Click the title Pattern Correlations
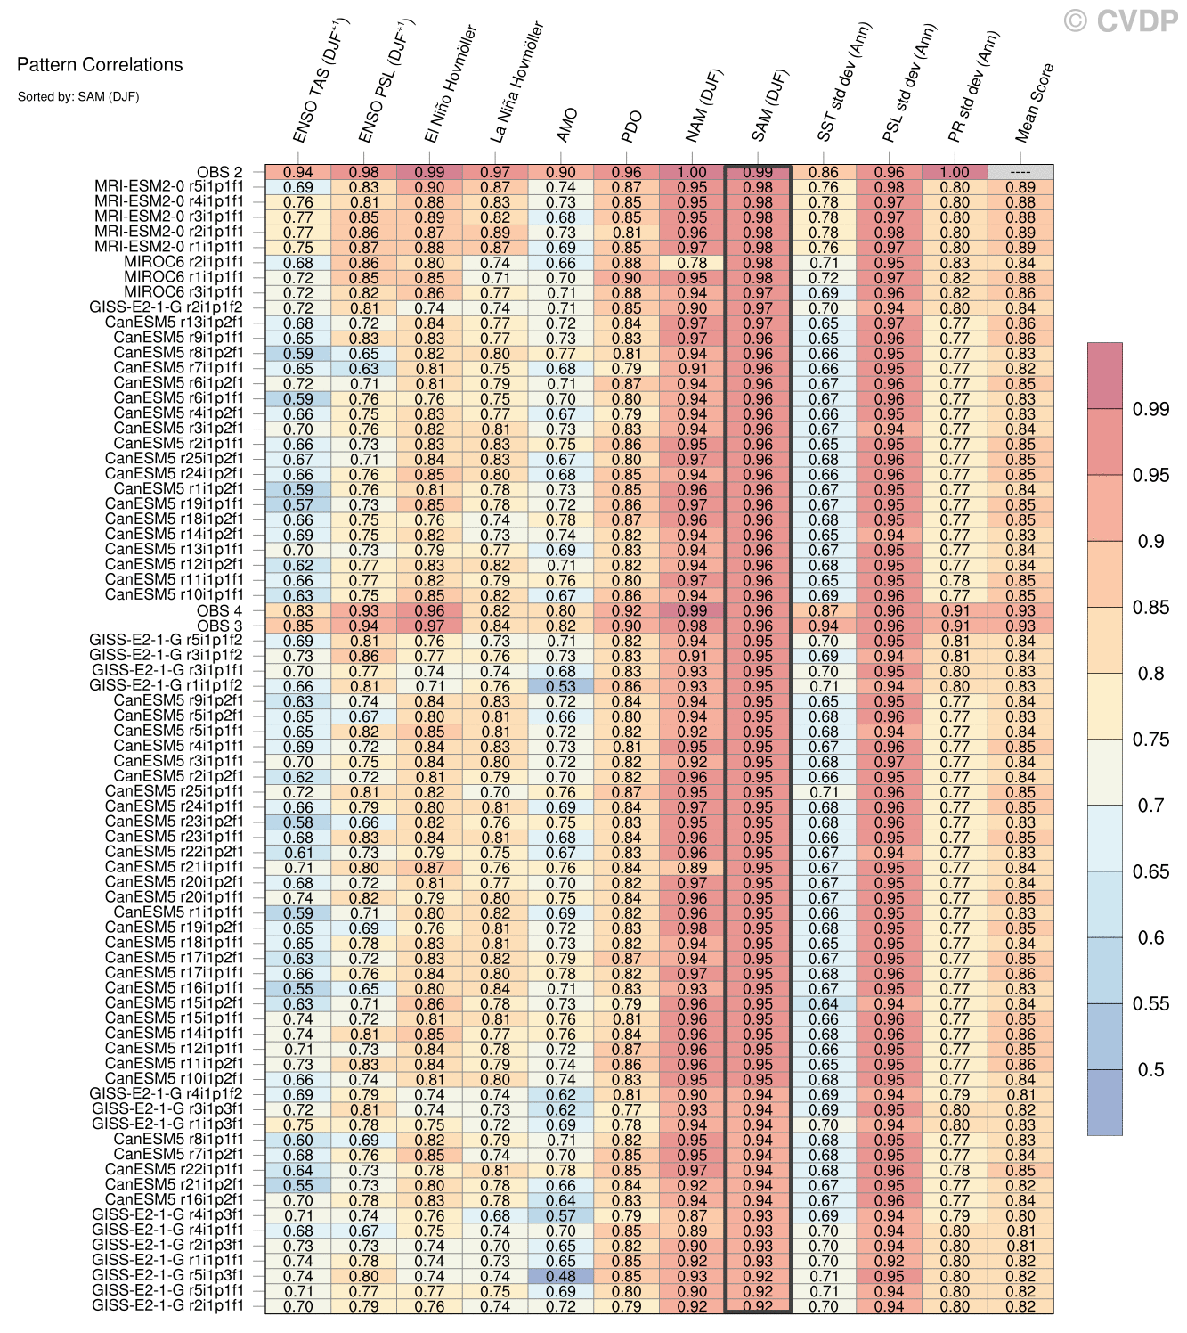100,64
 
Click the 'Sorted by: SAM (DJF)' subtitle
78,96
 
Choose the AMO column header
567,126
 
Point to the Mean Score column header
1035,102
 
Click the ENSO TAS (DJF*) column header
322,81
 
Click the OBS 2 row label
219,173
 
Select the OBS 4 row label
219,610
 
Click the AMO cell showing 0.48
561,1276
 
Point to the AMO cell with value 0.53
561,686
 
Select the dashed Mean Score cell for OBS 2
1020,173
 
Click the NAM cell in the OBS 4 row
692,610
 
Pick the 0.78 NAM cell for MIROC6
692,263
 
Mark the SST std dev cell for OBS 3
824,626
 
